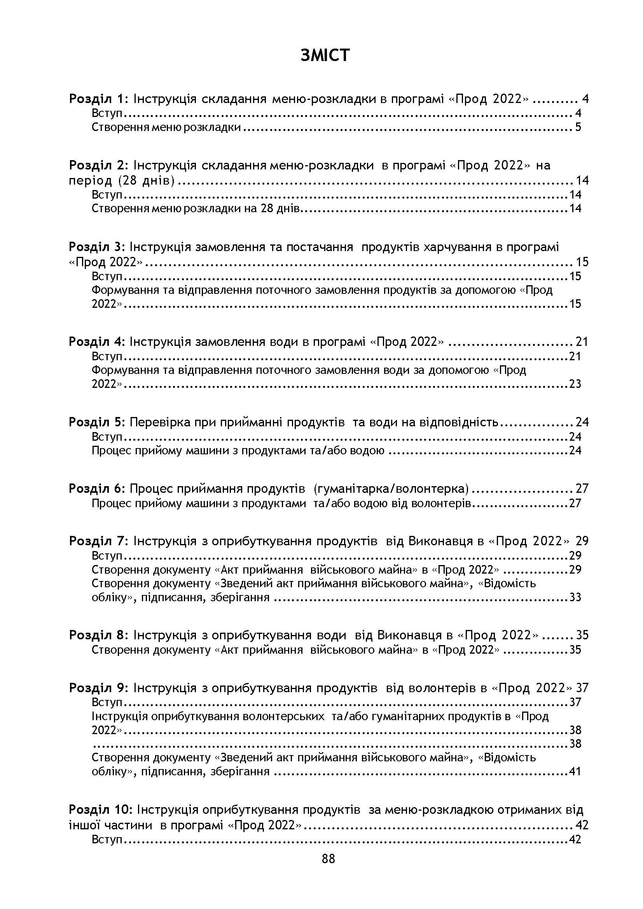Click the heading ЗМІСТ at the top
pos(325,56)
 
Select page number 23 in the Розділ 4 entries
pos(575,384)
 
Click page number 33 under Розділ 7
pos(575,597)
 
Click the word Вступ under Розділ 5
pos(106,437)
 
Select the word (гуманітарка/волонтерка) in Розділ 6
pos(391,489)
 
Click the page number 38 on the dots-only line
pos(575,744)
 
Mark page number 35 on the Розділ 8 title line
pos(582,635)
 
